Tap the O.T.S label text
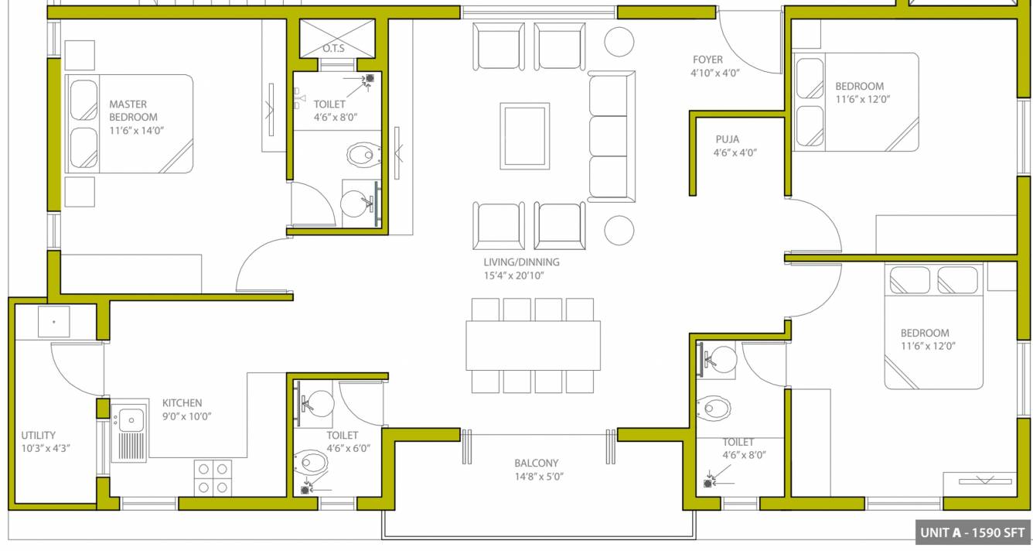[334, 50]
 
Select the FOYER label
[707, 60]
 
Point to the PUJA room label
[727, 139]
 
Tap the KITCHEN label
[182, 403]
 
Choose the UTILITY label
[38, 436]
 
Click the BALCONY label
[536, 463]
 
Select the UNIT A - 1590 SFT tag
[971, 532]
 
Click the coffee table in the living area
[524, 135]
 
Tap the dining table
[533, 345]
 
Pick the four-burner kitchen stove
[213, 477]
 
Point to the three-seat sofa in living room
[611, 136]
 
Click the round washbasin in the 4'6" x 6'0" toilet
[319, 402]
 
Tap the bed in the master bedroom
[129, 124]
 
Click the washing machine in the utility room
[53, 322]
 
